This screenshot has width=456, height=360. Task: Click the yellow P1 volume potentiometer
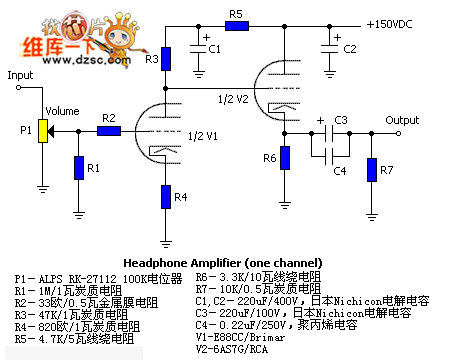[43, 130]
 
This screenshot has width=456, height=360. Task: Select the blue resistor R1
[78, 167]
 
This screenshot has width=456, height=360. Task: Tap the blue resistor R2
[109, 130]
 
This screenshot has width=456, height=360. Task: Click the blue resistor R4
[166, 197]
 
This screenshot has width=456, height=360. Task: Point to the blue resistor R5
[236, 25]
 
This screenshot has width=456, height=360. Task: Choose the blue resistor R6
[284, 157]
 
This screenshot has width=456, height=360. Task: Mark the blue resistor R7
[373, 169]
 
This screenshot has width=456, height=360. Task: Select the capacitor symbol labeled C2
[329, 47]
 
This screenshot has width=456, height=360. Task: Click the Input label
[20, 75]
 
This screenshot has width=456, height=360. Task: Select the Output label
[401, 119]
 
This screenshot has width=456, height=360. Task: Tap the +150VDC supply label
[396, 24]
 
